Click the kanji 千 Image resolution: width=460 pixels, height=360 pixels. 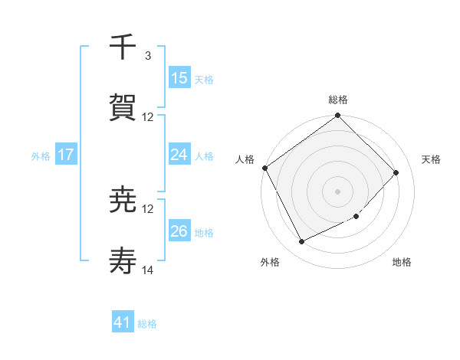tap(123, 47)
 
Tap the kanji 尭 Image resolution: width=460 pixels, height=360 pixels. tap(123, 200)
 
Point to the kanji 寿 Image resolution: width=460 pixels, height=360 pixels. tap(123, 261)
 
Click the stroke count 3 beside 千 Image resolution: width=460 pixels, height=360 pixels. tap(147, 56)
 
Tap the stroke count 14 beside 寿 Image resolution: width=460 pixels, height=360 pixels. tap(148, 270)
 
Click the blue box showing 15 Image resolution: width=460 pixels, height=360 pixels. tap(179, 77)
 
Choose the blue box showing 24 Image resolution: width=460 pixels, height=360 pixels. tap(179, 154)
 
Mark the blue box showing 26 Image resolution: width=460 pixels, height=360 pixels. tap(179, 231)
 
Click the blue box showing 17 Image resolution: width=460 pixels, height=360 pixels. tap(66, 154)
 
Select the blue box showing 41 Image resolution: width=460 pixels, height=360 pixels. tap(123, 322)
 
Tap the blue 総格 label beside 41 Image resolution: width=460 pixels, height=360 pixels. tap(147, 324)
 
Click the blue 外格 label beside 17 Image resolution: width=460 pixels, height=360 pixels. tap(41, 155)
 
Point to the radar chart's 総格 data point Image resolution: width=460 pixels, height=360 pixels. tap(337, 116)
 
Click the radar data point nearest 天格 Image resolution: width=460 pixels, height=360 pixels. tap(396, 172)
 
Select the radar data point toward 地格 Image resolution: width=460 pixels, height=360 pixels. tap(356, 217)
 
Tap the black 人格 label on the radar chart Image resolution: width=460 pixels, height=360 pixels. tap(245, 159)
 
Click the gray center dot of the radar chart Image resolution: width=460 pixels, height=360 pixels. tap(337, 191)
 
